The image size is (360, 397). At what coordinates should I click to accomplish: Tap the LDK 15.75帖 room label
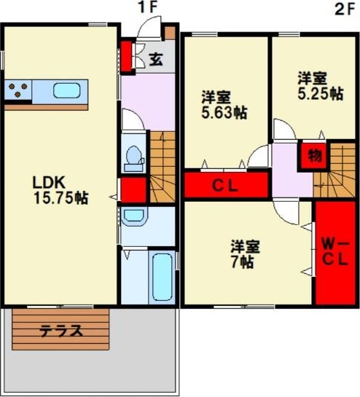click(60, 190)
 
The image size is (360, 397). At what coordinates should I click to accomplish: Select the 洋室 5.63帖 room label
click(224, 105)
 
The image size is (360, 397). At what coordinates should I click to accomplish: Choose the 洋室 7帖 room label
click(245, 254)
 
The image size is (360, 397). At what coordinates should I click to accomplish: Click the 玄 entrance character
click(155, 60)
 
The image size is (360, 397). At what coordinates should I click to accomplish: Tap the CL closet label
click(225, 186)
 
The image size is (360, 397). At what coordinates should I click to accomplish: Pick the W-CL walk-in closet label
click(335, 253)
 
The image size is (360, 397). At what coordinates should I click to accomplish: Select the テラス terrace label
click(61, 331)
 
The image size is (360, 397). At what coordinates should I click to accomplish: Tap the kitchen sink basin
click(67, 90)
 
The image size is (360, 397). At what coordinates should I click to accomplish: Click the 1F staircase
click(163, 167)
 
